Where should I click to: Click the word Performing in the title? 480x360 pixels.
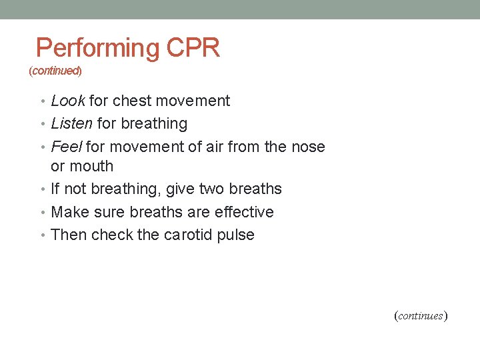click(97, 49)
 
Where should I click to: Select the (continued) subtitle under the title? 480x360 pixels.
click(55, 70)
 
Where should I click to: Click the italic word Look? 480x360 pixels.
click(67, 101)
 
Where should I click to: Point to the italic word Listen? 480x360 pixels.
click(71, 123)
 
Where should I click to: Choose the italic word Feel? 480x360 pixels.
click(66, 146)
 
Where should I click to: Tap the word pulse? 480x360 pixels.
click(236, 235)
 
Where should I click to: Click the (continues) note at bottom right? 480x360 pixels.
click(421, 316)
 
